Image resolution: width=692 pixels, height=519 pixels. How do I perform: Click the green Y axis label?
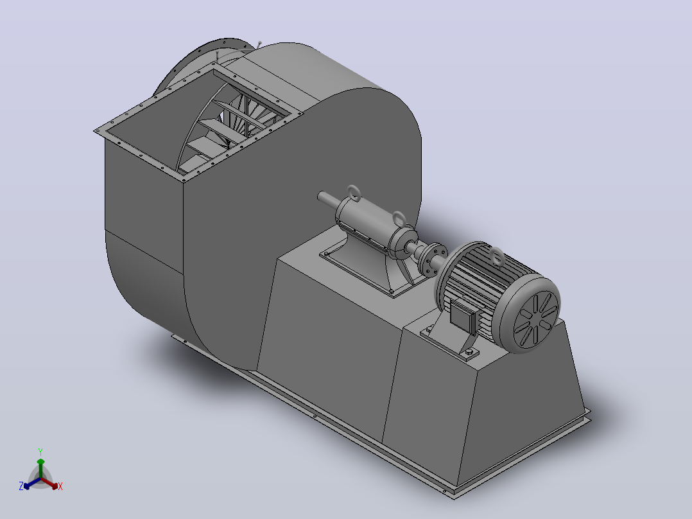[40, 452]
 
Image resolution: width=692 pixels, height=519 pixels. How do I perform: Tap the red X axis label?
[60, 486]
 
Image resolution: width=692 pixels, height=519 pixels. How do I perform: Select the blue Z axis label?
[21, 486]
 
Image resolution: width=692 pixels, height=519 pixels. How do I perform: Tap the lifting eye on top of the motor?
[496, 257]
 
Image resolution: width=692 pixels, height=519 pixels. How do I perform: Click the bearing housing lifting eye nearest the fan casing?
[354, 193]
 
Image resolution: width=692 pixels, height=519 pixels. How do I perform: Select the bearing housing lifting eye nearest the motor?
[399, 219]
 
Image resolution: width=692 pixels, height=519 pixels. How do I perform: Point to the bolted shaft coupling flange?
[433, 258]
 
